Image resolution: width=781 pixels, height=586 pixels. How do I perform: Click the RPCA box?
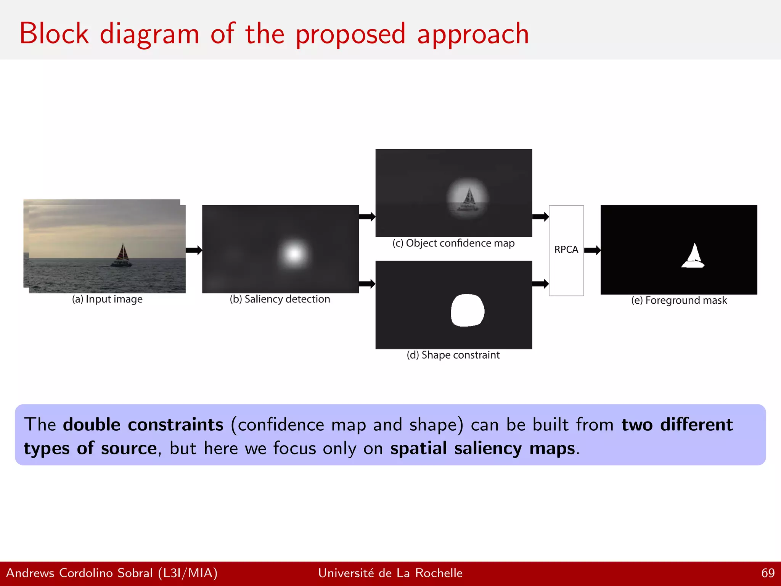(x=566, y=250)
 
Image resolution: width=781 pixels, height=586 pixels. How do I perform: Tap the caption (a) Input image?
(x=107, y=299)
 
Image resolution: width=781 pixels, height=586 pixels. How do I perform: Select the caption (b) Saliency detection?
(x=280, y=299)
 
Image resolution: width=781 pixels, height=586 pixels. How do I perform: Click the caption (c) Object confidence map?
(x=453, y=243)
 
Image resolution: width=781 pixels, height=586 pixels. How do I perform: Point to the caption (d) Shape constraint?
(x=453, y=355)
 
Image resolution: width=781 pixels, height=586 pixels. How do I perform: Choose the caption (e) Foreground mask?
(x=679, y=300)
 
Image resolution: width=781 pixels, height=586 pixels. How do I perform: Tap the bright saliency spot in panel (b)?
(x=294, y=254)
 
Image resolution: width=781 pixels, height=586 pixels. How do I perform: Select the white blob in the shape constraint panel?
(x=468, y=310)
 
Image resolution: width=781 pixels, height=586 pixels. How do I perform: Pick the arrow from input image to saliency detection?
(x=194, y=250)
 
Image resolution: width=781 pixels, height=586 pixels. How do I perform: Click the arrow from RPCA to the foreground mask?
(x=592, y=250)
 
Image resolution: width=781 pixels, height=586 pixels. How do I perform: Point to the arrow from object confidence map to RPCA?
(x=540, y=217)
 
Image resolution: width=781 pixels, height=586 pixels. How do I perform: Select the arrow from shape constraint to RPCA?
(x=540, y=283)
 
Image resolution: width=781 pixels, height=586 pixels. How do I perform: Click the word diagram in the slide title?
(x=149, y=34)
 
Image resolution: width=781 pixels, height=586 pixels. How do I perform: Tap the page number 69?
(x=768, y=573)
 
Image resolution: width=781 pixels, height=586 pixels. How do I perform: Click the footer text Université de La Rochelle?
(x=390, y=573)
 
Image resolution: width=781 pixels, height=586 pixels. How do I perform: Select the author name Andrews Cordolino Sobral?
(x=79, y=573)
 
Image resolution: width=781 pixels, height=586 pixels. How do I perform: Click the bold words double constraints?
(x=143, y=425)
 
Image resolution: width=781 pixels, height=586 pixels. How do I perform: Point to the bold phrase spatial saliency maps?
(x=482, y=448)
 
